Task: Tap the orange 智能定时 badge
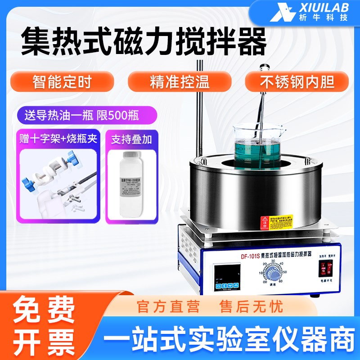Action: (x=62, y=82)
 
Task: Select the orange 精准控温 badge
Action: (x=180, y=82)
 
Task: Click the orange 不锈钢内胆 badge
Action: (x=297, y=82)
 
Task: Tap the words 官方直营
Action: (x=168, y=307)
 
